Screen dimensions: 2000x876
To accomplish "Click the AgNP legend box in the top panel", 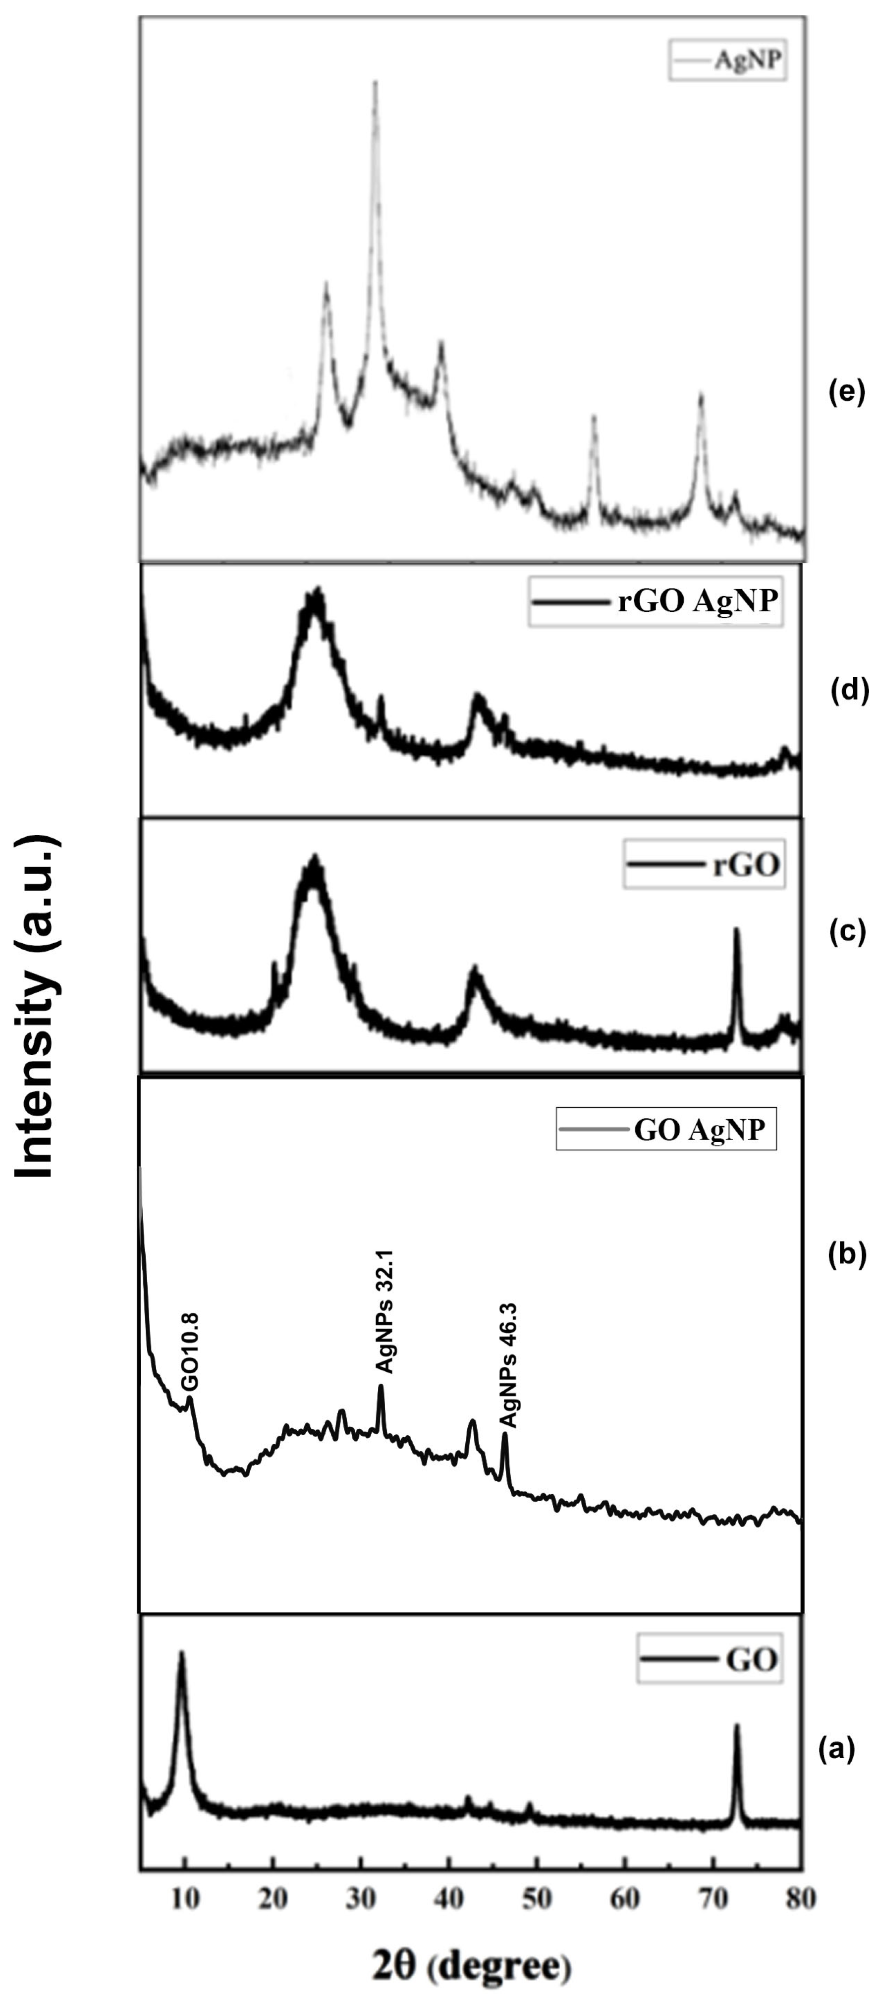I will click(728, 60).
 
